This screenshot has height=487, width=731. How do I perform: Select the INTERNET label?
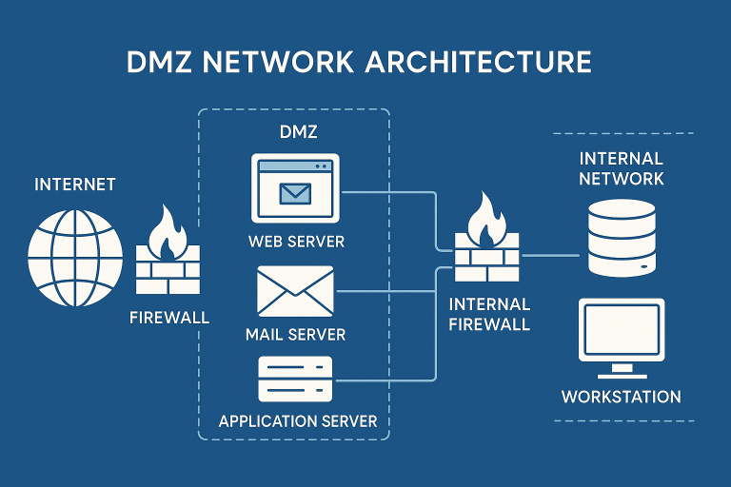pyautogui.click(x=75, y=184)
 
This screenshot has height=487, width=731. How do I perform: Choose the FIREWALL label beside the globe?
pyautogui.click(x=169, y=316)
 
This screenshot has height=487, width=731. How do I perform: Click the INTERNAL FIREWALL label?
pyautogui.click(x=488, y=314)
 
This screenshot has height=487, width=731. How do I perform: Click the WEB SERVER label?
pyautogui.click(x=296, y=242)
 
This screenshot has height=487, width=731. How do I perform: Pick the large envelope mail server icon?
pyautogui.click(x=295, y=292)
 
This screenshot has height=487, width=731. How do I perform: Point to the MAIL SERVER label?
pyautogui.click(x=295, y=335)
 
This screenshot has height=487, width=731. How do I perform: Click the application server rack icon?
pyautogui.click(x=295, y=380)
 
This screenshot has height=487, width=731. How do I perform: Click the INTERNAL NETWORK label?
pyautogui.click(x=622, y=167)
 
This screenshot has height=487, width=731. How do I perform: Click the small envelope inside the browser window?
pyautogui.click(x=296, y=193)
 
